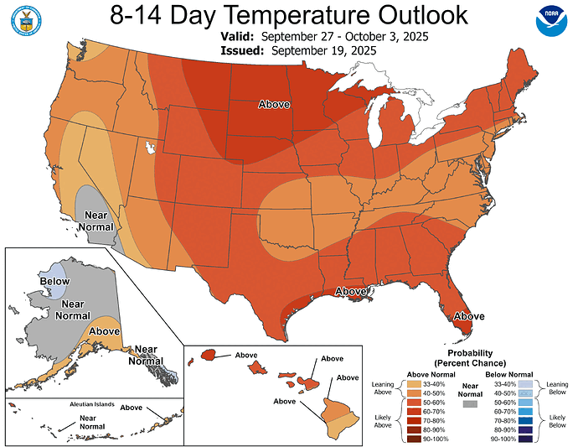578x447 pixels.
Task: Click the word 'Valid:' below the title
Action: coord(238,37)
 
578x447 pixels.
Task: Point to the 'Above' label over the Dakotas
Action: coord(274,105)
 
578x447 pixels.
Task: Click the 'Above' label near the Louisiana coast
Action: coord(351,291)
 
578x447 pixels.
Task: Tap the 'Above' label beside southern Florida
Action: coord(469,316)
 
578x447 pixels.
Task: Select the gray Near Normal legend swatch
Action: coord(470,403)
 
